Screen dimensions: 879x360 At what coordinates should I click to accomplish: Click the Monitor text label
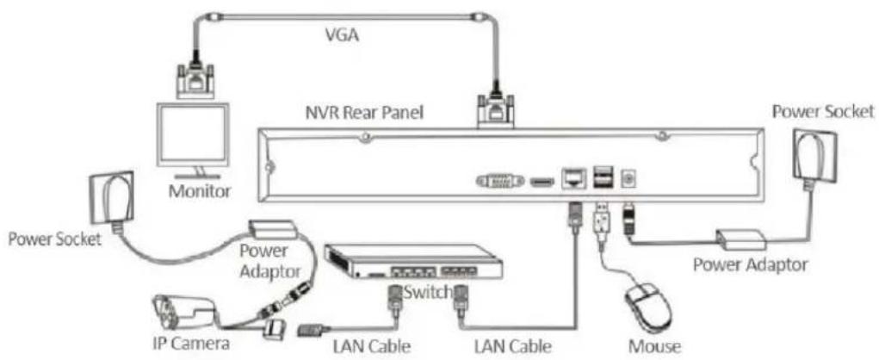click(200, 191)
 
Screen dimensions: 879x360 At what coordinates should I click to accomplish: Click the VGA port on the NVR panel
click(500, 181)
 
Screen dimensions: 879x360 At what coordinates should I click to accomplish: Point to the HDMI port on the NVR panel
click(542, 182)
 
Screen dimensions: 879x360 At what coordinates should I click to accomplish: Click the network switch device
click(412, 261)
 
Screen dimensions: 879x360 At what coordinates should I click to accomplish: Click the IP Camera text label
click(191, 343)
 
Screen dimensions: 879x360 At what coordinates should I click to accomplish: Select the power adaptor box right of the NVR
click(741, 239)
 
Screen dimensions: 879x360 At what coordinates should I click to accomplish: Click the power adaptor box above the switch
click(273, 227)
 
